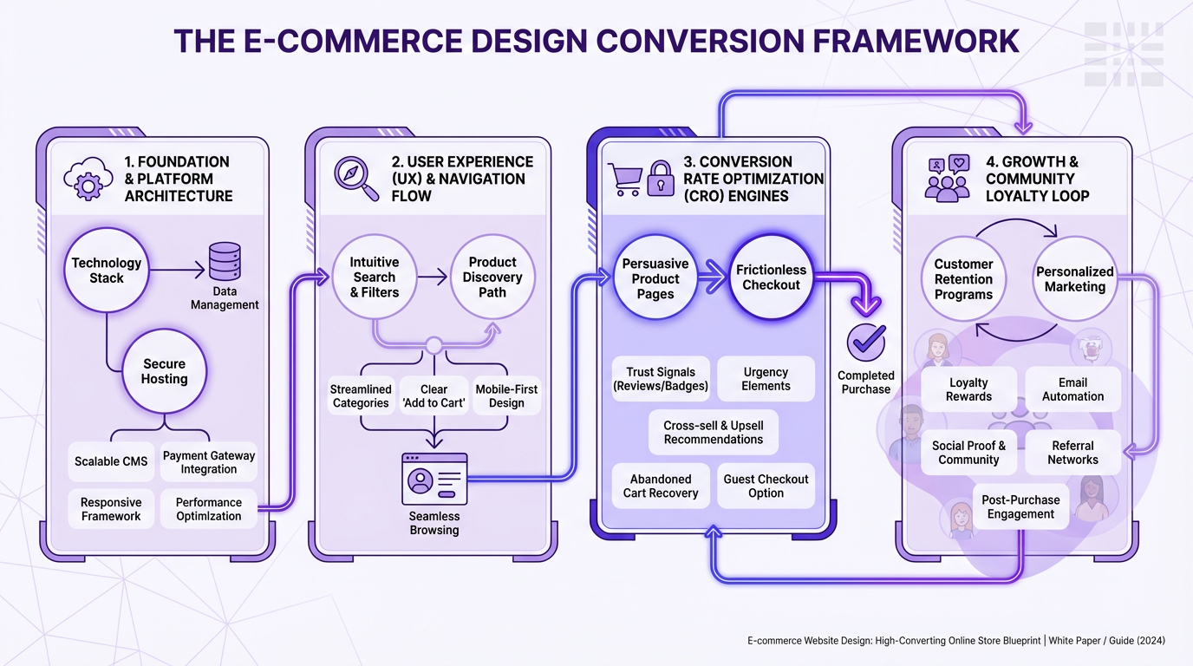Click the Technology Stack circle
click(107, 271)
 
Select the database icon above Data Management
click(225, 262)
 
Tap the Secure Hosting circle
click(165, 371)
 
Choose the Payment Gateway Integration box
click(209, 462)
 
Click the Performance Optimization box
click(209, 509)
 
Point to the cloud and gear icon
click(88, 179)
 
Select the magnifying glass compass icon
click(356, 179)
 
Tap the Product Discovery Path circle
click(492, 277)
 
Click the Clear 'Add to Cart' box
click(434, 396)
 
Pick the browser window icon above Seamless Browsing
click(434, 479)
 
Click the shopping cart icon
click(624, 179)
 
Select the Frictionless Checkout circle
click(771, 277)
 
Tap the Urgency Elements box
click(766, 379)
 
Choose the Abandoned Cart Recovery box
click(661, 486)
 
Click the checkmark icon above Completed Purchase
click(865, 343)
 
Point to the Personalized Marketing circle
click(1075, 279)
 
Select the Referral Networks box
click(1072, 453)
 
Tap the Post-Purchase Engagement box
click(1020, 507)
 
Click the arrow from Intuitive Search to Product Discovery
click(431, 277)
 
